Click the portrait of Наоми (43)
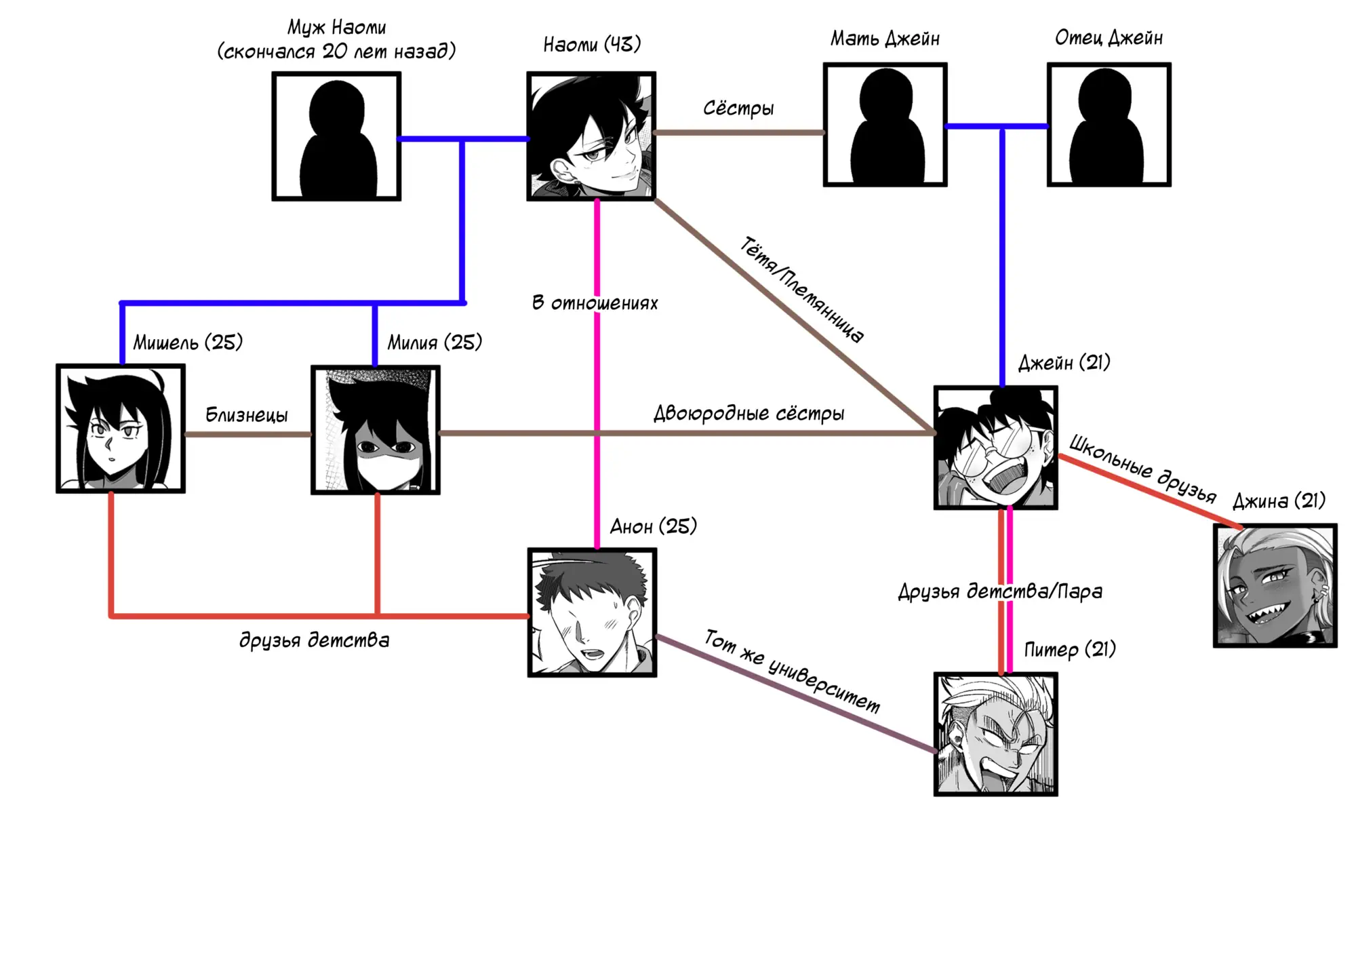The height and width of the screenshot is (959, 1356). (x=591, y=136)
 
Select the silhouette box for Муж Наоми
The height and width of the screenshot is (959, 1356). (x=336, y=136)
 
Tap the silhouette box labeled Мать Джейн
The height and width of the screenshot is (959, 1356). (x=885, y=125)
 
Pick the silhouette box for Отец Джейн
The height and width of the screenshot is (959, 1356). (x=1109, y=125)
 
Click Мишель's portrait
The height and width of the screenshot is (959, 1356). (x=121, y=429)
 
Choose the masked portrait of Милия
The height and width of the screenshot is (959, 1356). (x=376, y=430)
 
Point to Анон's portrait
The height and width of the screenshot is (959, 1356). (x=592, y=612)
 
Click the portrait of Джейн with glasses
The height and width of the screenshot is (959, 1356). (x=995, y=448)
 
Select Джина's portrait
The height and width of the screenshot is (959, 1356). (x=1275, y=585)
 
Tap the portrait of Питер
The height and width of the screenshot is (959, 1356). (x=995, y=734)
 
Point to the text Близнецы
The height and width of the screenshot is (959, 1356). (x=247, y=415)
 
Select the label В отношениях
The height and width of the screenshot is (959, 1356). (x=595, y=303)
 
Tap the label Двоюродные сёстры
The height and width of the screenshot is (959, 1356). (x=749, y=414)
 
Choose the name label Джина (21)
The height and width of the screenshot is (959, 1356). (x=1279, y=501)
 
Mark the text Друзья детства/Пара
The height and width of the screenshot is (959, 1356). (x=1000, y=591)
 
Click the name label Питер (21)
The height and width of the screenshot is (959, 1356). (x=1069, y=650)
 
